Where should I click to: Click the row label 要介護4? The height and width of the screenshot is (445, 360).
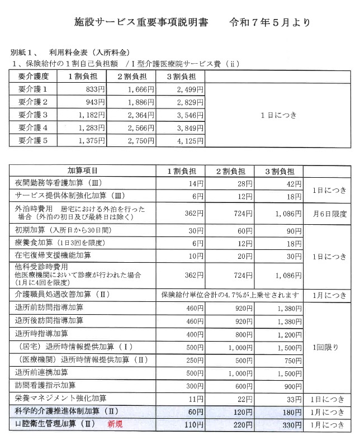pyautogui.click(x=34, y=128)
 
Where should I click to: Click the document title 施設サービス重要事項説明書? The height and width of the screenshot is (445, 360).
pyautogui.click(x=141, y=23)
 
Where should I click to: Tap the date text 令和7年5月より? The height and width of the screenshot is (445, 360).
pyautogui.click(x=270, y=23)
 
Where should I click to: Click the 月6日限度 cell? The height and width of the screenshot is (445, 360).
pyautogui.click(x=331, y=214)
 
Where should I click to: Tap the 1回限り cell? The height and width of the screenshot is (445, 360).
pyautogui.click(x=331, y=347)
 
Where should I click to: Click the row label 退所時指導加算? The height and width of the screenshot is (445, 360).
pyautogui.click(x=43, y=334)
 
